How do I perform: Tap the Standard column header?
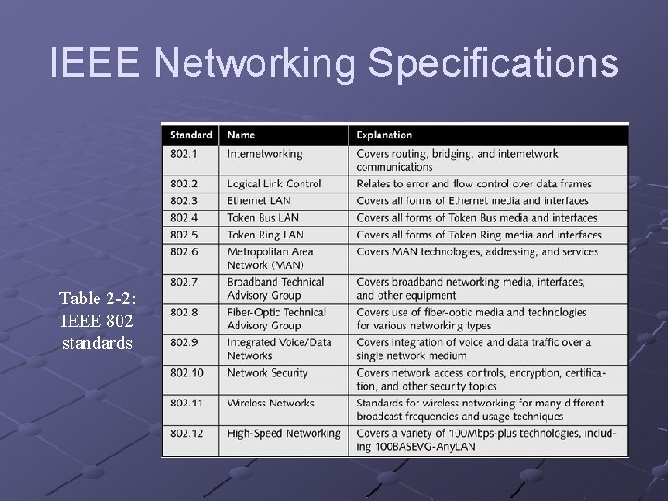coord(190,135)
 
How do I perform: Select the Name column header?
coord(241,135)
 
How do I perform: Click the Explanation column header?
coord(384,135)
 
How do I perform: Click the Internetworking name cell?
coord(264,154)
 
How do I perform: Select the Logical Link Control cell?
coord(275,184)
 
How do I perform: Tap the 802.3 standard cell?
coord(183,200)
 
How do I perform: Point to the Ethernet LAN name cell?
coord(259,200)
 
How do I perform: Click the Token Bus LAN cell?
coord(263,217)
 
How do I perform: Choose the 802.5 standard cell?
coord(183,235)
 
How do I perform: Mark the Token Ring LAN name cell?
coord(265,235)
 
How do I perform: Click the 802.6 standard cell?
coord(183,251)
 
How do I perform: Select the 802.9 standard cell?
coord(183,342)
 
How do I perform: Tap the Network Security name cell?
coord(266,373)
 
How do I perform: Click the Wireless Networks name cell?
coord(271,404)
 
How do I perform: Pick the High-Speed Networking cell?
coord(284,433)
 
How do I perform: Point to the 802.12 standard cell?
coord(186,433)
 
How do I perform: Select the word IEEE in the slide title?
coord(96,64)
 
